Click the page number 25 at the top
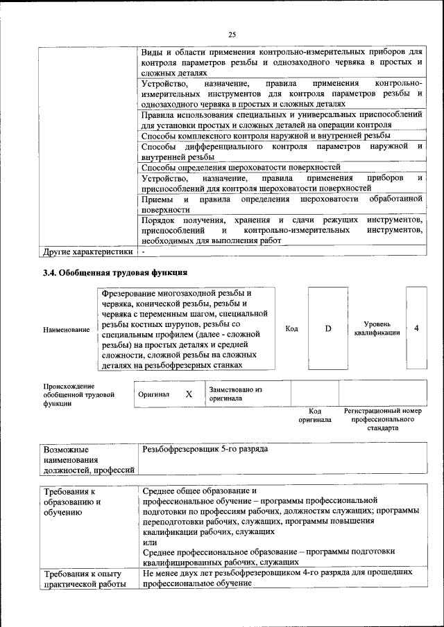pos(232,35)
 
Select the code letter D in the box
pos(328,328)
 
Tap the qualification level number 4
pos(416,328)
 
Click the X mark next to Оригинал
pos(188,394)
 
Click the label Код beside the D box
pos(291,328)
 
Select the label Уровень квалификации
pos(377,328)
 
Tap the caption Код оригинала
pos(315,415)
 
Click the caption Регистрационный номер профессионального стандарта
pos(382,419)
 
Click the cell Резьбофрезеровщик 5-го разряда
pos(205,450)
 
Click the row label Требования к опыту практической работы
pos(83,579)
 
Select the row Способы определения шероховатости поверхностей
pos(240,167)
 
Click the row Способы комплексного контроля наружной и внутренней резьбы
pos(265,136)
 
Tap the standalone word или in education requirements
pos(149,542)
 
